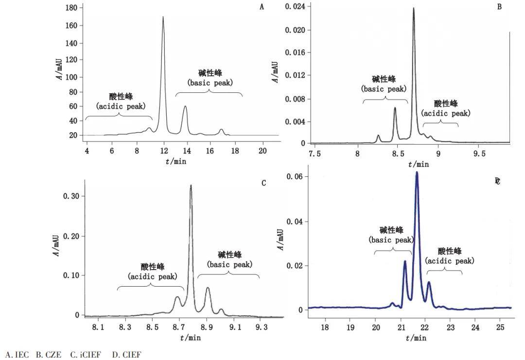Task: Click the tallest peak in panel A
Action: pos(163,17)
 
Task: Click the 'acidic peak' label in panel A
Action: pos(121,106)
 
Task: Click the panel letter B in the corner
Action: pos(499,7)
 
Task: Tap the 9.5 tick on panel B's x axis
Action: pos(479,154)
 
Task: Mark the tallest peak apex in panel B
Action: pos(414,8)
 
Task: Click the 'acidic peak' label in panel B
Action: pos(446,113)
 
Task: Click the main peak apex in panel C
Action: pos(191,185)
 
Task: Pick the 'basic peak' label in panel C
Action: pos(229,265)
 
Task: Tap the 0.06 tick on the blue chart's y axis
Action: pos(295,177)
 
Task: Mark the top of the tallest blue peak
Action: pos(417,172)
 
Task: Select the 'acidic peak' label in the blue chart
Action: pos(450,261)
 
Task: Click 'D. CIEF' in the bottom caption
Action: pos(126,355)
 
